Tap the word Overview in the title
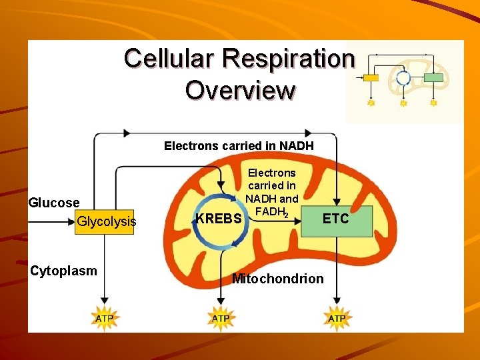pos(240,90)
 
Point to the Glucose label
pos(54,203)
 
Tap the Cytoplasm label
pos(63,271)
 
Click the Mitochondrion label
pos(277,279)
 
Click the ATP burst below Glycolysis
pos(104,318)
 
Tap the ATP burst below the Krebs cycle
pos(221,318)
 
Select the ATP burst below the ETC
pos(337,318)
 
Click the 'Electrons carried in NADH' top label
pos(239,146)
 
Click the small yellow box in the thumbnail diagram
pos(371,78)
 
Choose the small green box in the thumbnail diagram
pos(434,78)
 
